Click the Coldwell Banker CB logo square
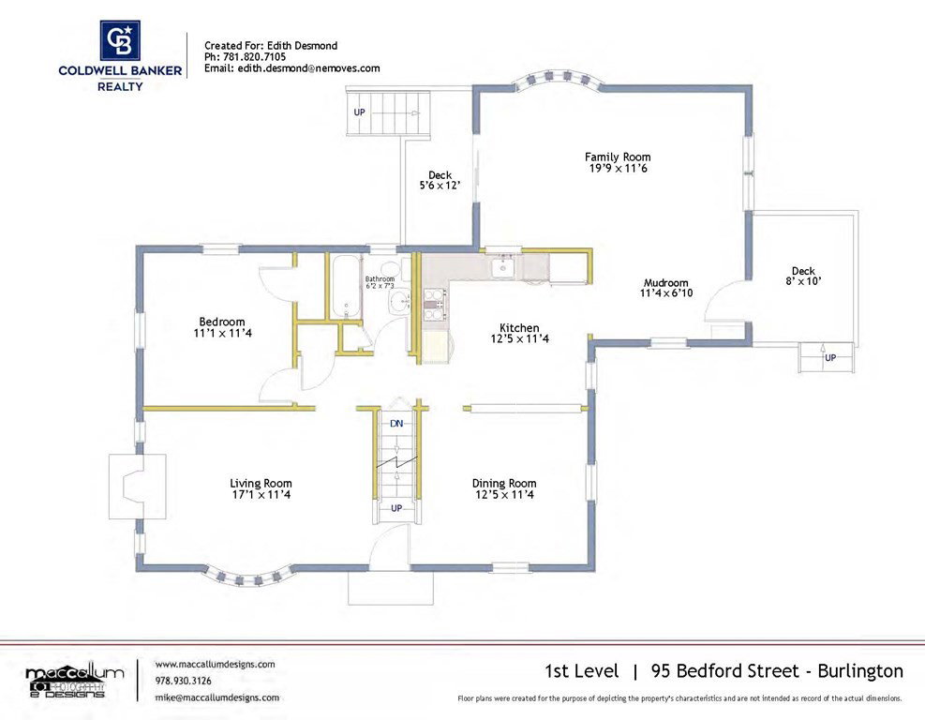[120, 40]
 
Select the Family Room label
[618, 157]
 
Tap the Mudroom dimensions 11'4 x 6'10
[666, 292]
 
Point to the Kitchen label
[519, 327]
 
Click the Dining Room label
[504, 484]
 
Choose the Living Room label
[261, 484]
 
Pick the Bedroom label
[222, 322]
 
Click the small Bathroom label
[380, 278]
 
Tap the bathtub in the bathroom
[345, 286]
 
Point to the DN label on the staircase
[396, 423]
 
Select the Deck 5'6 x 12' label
[440, 180]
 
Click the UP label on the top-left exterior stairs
[359, 112]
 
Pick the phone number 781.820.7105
[254, 56]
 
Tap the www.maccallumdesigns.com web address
[215, 664]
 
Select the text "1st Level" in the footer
[582, 671]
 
